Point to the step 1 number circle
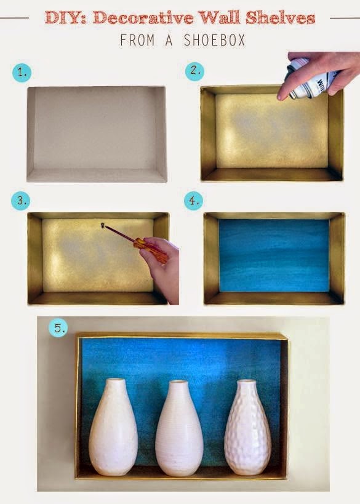pos(22,73)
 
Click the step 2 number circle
pos(194,71)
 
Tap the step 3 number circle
pos(22,201)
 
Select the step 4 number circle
pos(193,201)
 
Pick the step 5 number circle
pos(59,328)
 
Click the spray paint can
pos(311,79)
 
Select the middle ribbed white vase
pos(178,431)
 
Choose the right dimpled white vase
pos(247,431)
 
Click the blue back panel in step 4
pos(274,255)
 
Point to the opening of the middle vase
pos(178,382)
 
